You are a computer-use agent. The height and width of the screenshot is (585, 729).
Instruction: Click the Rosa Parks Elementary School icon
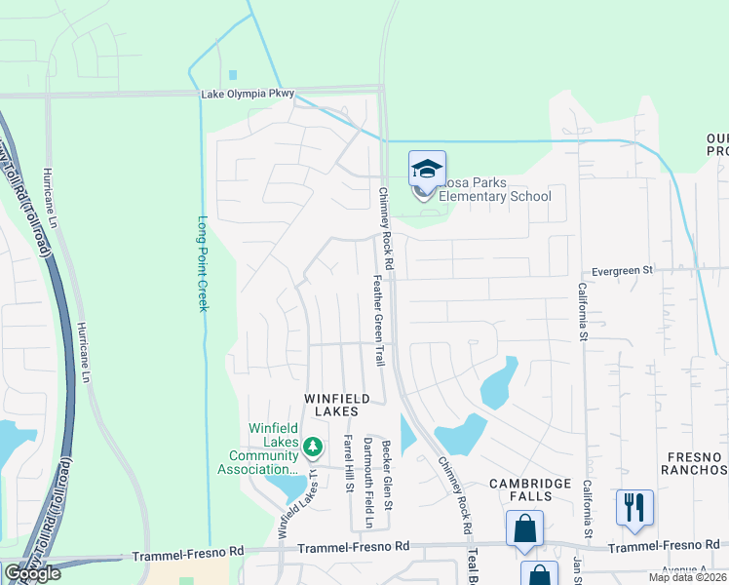427,172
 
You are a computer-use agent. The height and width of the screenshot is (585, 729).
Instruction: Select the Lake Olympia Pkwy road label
247,95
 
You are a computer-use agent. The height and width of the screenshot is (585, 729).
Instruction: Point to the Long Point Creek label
204,263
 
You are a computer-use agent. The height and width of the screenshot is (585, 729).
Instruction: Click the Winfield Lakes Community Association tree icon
313,448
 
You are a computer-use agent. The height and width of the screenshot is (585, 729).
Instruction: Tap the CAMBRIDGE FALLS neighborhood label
534,489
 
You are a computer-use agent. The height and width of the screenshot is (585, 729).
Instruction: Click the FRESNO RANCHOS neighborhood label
694,463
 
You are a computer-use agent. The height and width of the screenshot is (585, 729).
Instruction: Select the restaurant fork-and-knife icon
633,506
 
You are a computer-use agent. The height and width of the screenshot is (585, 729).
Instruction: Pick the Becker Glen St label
387,474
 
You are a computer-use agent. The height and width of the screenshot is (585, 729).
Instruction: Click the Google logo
32,573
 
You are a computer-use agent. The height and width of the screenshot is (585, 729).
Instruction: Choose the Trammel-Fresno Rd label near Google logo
188,553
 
